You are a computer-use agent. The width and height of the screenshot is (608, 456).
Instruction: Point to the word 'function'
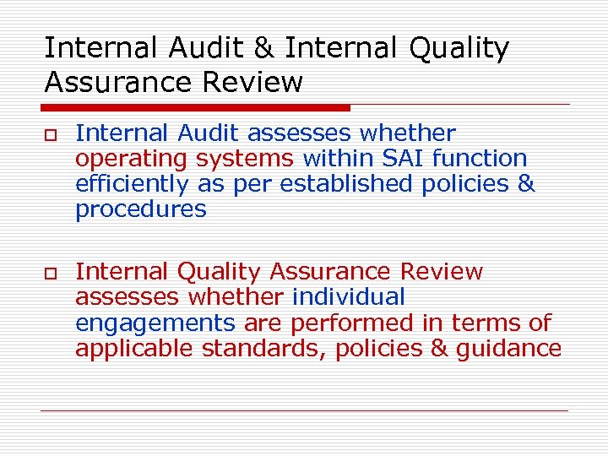click(485, 158)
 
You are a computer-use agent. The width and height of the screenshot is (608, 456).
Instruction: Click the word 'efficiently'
click(133, 184)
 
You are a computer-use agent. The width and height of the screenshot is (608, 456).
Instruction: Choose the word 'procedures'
click(140, 209)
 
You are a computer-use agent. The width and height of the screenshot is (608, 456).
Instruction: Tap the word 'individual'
click(349, 297)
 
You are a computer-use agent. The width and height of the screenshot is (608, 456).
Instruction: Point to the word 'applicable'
click(134, 349)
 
